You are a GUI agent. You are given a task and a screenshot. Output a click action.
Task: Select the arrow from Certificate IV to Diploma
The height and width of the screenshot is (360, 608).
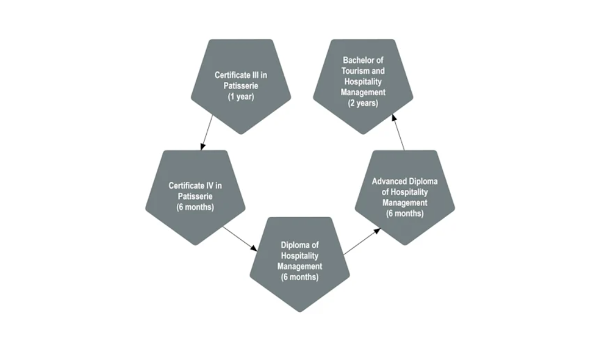(239, 239)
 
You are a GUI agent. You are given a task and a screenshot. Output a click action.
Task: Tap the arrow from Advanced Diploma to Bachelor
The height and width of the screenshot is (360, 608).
(398, 132)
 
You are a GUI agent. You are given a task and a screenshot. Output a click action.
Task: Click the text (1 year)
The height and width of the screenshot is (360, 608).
(241, 96)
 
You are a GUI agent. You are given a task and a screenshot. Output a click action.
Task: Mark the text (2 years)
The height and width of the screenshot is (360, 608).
(363, 103)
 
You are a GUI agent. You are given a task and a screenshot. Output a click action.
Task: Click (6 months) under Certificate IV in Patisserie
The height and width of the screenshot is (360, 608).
(195, 207)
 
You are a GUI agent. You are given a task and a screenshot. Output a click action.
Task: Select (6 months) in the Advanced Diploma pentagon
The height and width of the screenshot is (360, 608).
(405, 213)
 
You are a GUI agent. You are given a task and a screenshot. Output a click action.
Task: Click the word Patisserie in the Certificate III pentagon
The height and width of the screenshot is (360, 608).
(241, 85)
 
